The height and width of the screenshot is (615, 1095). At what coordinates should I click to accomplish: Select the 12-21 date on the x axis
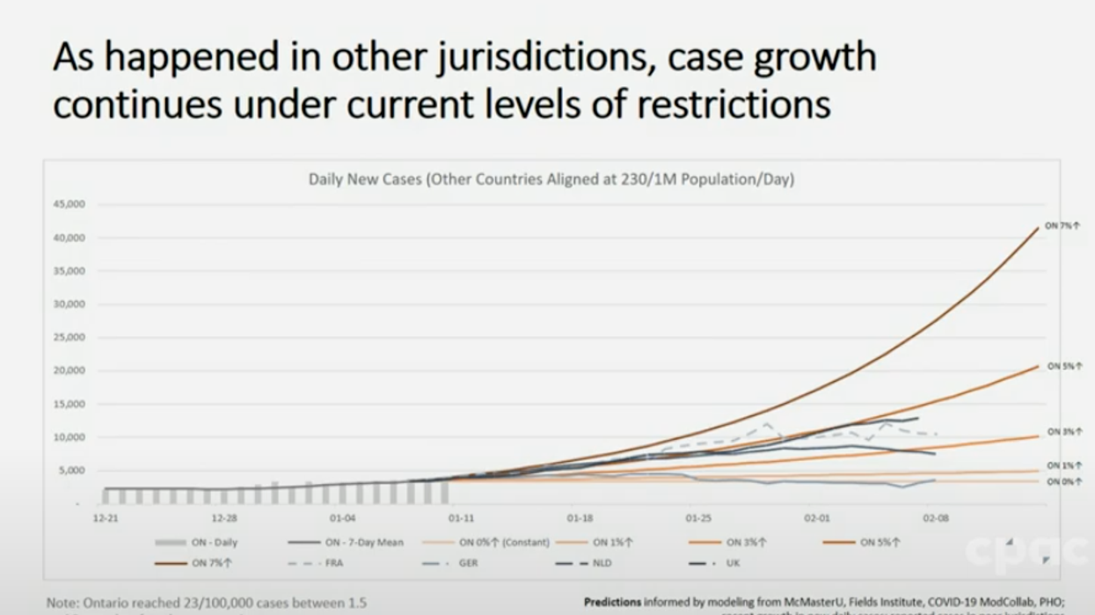(x=106, y=519)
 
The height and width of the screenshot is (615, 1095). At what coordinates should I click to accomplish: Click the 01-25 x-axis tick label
(x=698, y=519)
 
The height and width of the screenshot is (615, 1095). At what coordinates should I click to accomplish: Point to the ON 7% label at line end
(x=1062, y=226)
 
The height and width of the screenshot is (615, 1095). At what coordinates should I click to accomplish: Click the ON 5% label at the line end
(x=1064, y=366)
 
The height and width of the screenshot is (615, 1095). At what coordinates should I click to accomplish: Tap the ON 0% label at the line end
(x=1064, y=481)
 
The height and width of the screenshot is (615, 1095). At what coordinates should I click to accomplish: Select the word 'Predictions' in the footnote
(x=612, y=603)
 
